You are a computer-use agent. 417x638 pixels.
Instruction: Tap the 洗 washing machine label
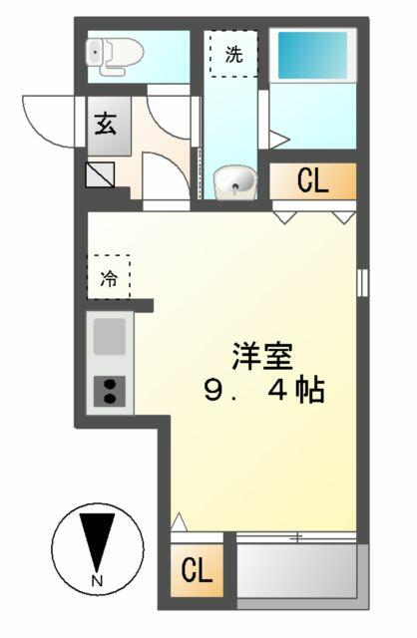(x=234, y=54)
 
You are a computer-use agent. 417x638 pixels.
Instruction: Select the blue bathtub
(x=312, y=56)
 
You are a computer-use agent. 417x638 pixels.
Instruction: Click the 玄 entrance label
(x=106, y=124)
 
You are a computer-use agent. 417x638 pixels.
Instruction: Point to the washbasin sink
(x=235, y=182)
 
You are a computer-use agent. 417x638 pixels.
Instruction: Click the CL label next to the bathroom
(x=312, y=180)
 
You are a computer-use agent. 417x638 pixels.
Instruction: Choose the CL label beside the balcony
(x=197, y=569)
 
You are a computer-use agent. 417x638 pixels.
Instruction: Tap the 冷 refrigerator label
(x=109, y=278)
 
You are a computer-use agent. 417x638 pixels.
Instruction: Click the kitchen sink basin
(x=110, y=336)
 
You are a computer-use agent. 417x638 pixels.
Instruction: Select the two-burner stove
(x=109, y=392)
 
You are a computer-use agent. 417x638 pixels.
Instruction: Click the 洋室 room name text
(x=262, y=357)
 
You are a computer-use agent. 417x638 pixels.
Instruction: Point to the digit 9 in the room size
(x=213, y=390)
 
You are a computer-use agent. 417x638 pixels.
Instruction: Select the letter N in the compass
(x=97, y=580)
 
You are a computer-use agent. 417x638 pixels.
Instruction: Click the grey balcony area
(x=296, y=571)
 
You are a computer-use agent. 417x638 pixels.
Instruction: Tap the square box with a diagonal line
(x=100, y=175)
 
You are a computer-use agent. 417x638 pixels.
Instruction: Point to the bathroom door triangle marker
(x=279, y=140)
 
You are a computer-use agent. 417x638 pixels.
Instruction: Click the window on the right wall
(x=362, y=282)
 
